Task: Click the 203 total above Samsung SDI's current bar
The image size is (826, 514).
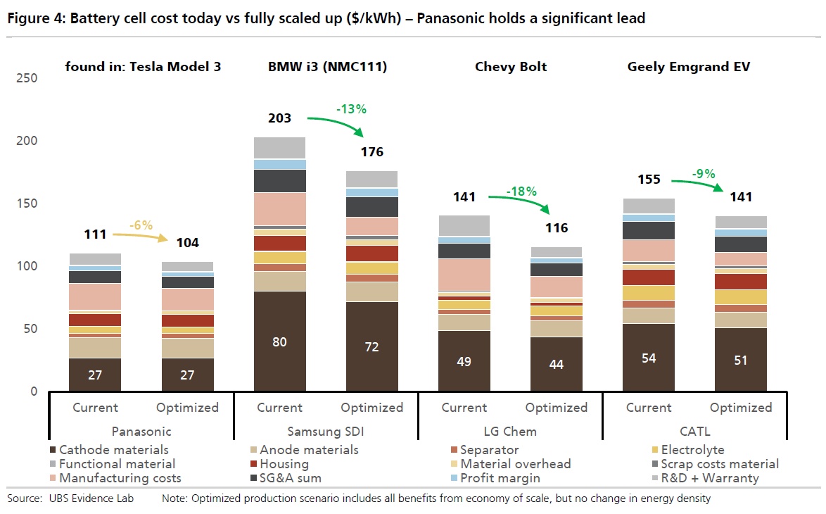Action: pos(279,118)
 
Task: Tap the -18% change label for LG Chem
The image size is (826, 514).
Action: pos(522,191)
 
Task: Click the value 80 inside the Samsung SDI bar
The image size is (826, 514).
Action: pos(279,342)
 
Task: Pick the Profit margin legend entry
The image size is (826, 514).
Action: pos(500,478)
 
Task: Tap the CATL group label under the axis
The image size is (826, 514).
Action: pos(694,431)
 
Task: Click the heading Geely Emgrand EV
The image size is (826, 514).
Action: pos(689,67)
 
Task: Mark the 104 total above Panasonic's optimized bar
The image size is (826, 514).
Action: pos(187,243)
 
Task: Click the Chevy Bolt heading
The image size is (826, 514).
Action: pos(511,67)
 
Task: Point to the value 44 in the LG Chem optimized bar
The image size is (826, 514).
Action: pos(556,365)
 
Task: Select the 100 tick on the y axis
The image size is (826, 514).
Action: pos(26,266)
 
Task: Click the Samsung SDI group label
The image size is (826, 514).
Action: pos(325,431)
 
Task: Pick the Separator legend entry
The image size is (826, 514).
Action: pos(489,449)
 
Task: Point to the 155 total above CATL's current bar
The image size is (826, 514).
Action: pos(648,179)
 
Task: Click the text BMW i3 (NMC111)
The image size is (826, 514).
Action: pos(327,67)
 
